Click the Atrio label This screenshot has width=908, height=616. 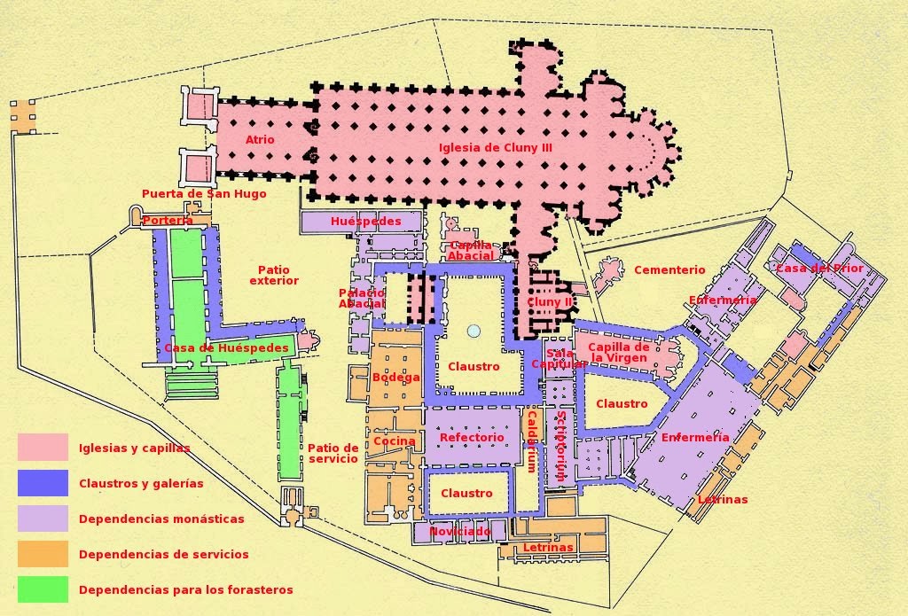coord(260,140)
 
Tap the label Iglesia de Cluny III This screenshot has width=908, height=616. coord(496,148)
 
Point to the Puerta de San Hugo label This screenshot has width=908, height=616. coord(204,194)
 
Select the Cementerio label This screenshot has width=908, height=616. coord(669,269)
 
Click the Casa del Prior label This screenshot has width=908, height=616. coord(819,268)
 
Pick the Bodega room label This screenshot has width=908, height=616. coord(395,378)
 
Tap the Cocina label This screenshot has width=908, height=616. coord(394,441)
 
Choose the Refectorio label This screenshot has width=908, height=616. coord(472,438)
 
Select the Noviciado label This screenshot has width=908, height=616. coord(460,532)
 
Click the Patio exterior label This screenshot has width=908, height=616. coord(274,275)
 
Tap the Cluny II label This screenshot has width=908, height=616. coord(550,302)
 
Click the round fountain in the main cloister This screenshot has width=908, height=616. coord(474,331)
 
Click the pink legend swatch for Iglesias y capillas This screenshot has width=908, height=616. coord(43,447)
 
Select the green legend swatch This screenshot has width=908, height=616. coord(43,589)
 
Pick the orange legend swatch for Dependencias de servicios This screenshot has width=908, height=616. coord(43,554)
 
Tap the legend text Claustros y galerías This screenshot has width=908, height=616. coord(141,484)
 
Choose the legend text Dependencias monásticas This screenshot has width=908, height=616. coord(161,519)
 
